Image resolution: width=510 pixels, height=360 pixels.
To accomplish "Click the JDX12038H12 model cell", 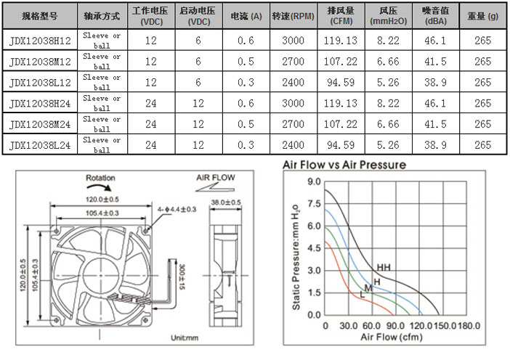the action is click(x=40, y=41).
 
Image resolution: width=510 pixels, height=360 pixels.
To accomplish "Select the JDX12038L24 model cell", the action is click(x=40, y=145).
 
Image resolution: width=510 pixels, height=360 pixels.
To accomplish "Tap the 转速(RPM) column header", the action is click(x=294, y=16).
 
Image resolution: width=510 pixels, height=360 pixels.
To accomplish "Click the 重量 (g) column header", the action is click(x=482, y=16).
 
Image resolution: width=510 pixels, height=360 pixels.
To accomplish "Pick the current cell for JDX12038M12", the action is click(x=246, y=62).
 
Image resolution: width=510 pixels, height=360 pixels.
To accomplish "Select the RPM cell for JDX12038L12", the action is click(x=293, y=82).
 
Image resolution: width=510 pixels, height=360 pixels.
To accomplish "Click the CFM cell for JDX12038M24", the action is click(x=341, y=124).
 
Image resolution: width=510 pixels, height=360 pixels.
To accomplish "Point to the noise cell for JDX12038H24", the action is click(x=435, y=103).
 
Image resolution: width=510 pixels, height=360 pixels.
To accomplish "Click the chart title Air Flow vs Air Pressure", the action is click(x=344, y=165).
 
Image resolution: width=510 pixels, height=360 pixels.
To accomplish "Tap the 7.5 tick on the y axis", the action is click(x=314, y=204).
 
